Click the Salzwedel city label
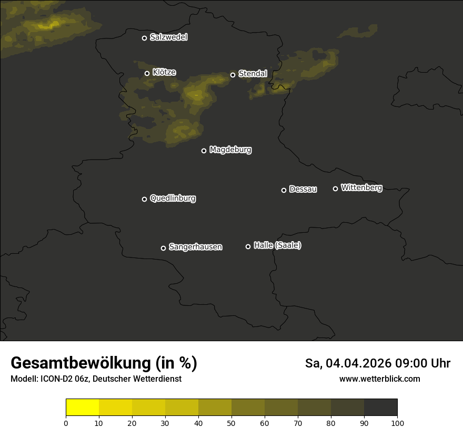pyautogui.click(x=168, y=37)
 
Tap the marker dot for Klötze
pyautogui.click(x=147, y=74)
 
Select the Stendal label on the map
pyautogui.click(x=253, y=74)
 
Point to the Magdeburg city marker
pyautogui.click(x=204, y=151)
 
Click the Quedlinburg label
pyautogui.click(x=173, y=198)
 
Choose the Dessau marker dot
pyautogui.click(x=284, y=190)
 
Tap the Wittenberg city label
pyautogui.click(x=361, y=187)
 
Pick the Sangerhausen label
pyautogui.click(x=195, y=247)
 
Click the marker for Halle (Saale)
pyautogui.click(x=248, y=246)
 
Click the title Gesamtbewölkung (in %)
pyautogui.click(x=104, y=363)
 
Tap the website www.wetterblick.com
pyautogui.click(x=379, y=379)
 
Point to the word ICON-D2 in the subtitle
pyautogui.click(x=57, y=379)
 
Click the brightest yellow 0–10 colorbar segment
pyautogui.click(x=83, y=408)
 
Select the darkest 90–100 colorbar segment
pyautogui.click(x=380, y=408)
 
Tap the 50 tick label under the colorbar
pyautogui.click(x=231, y=422)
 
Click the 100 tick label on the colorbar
pyautogui.click(x=397, y=422)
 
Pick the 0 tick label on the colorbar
pyautogui.click(x=66, y=422)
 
